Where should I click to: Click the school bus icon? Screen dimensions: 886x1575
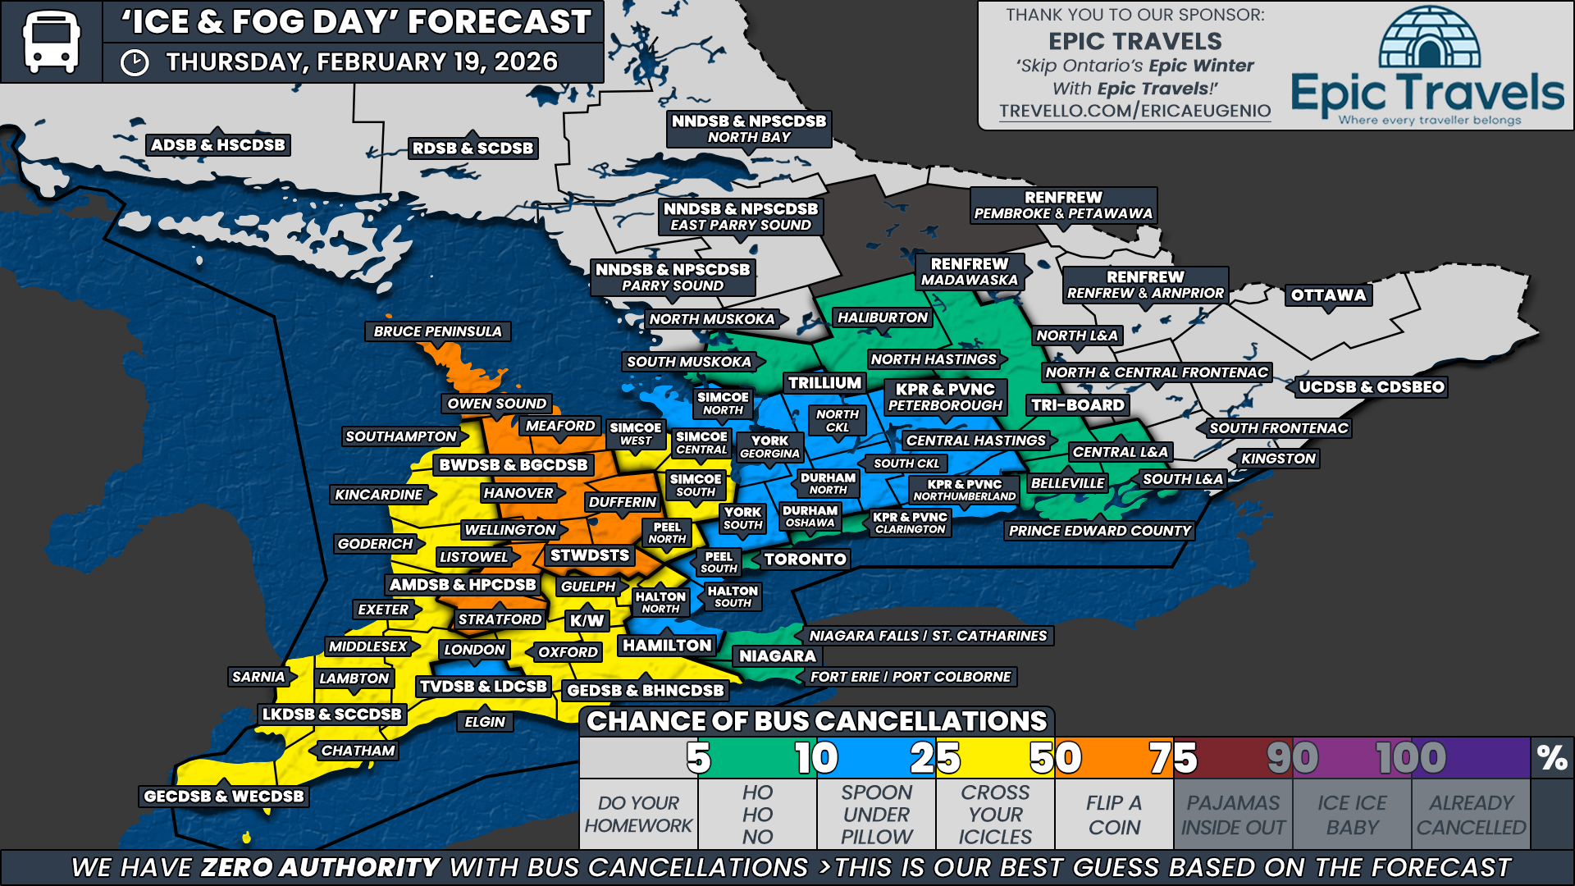51,41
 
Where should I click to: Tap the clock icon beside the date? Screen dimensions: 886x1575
135,63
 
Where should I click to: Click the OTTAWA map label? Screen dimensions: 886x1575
1328,295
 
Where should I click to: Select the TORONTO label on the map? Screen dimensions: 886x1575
805,559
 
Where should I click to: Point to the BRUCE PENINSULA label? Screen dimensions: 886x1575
437,331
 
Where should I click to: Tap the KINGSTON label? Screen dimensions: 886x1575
1278,459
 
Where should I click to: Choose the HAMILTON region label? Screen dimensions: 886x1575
667,646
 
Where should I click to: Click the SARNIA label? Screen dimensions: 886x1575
258,677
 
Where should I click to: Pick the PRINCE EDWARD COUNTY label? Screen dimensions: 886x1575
1099,531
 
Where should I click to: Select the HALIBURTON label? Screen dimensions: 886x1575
882,317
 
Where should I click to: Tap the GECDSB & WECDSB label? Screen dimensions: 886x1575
223,796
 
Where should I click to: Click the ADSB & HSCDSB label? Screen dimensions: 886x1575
217,145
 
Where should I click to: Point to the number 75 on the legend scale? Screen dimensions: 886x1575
1172,758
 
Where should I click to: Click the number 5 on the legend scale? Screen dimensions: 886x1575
698,758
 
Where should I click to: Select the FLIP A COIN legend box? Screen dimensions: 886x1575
1114,815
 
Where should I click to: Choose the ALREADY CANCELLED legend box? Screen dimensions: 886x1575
1471,815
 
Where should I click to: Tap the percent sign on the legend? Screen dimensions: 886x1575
1552,758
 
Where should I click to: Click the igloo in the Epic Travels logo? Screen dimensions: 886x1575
1429,39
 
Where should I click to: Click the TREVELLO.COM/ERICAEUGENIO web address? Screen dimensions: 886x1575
1134,111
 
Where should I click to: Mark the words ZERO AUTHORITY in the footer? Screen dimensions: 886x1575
321,867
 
